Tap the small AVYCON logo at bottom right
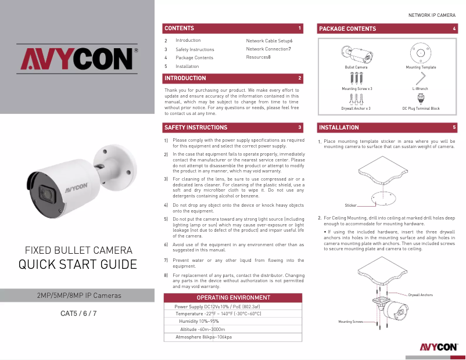435,347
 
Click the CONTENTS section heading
180,28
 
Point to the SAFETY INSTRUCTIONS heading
196,127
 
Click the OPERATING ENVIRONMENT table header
234,297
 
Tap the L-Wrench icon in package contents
420,78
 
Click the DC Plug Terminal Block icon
421,99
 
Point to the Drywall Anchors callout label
420,295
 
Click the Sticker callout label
350,206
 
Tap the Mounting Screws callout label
351,321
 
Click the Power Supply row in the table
217,306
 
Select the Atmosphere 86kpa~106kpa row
203,337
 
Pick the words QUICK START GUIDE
78,265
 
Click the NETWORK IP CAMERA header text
432,14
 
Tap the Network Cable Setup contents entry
269,41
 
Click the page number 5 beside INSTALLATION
454,127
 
